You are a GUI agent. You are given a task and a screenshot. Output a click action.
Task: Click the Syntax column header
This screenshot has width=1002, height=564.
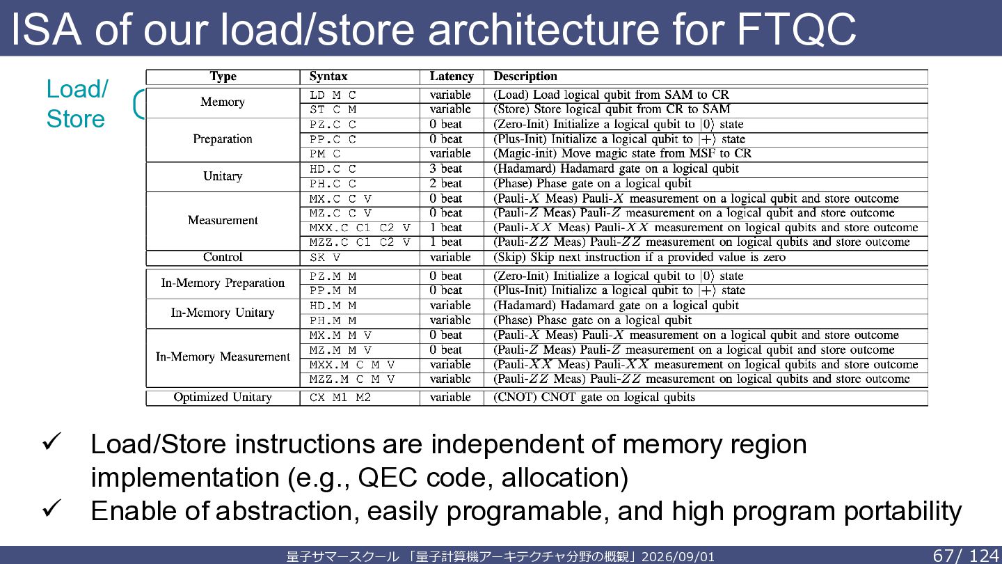coord(328,77)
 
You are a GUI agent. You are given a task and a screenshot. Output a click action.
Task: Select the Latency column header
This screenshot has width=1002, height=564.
coord(452,77)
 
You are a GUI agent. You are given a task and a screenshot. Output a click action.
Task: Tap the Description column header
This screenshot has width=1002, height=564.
coord(525,77)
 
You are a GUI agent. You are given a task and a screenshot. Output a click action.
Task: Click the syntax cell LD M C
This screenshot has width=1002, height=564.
coord(333,95)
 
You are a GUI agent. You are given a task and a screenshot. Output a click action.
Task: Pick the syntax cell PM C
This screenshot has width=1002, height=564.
coord(325,154)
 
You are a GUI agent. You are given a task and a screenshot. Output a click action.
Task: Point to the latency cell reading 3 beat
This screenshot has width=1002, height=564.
coord(445,169)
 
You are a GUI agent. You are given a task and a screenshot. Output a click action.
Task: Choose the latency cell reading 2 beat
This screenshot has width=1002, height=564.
coord(445,184)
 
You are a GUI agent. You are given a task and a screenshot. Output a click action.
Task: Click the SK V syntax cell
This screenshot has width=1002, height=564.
coord(325,258)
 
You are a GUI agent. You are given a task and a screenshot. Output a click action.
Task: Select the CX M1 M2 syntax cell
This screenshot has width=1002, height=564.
coord(340,398)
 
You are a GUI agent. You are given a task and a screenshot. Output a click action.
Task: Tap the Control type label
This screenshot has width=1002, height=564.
coord(223,257)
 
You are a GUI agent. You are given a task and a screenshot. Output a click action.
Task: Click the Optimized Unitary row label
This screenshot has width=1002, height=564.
coord(223,397)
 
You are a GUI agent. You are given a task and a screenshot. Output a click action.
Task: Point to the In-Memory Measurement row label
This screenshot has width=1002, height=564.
coord(223,357)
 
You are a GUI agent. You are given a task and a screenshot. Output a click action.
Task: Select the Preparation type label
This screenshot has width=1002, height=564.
coord(223,139)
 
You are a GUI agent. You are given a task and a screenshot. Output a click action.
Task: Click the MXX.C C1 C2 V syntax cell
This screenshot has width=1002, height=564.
coord(360,228)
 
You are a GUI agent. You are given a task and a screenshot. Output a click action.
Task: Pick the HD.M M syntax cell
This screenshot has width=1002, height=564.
coord(333,306)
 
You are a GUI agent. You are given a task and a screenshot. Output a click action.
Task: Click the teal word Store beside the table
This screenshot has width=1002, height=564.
coord(76,119)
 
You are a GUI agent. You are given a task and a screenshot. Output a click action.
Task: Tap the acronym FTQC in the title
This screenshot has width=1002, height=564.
coord(796,29)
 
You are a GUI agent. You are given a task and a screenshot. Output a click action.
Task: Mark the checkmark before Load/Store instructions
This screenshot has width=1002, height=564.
coord(52,441)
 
